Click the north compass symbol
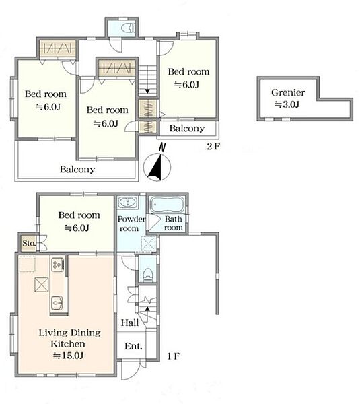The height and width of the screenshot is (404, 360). [157, 165]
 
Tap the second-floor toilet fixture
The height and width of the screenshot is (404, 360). [129, 28]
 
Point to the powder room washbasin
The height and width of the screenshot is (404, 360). [128, 202]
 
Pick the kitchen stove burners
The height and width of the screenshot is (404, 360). [57, 265]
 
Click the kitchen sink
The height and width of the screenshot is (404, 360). [57, 303]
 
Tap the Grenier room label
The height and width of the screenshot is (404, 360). [288, 92]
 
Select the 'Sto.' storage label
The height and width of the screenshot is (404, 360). [29, 243]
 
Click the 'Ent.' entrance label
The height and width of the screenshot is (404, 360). [133, 346]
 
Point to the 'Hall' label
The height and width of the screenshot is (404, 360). [130, 323]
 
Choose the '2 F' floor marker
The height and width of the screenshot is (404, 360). [213, 146]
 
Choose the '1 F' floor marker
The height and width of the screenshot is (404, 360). [174, 356]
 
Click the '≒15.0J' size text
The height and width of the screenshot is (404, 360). [68, 356]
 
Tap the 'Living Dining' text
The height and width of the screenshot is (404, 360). [69, 333]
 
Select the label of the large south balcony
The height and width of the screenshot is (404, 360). [77, 169]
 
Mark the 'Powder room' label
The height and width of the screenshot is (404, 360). [131, 224]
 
